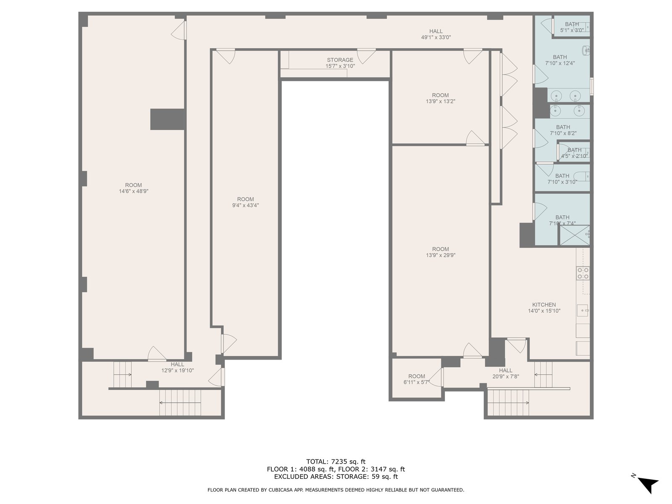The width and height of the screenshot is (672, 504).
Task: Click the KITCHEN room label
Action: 544,305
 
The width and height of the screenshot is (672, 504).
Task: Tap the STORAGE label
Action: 340,60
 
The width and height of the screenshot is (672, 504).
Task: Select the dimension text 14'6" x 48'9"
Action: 134,191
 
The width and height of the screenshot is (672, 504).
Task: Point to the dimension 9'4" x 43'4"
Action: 245,205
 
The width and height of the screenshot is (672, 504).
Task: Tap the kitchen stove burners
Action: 583,273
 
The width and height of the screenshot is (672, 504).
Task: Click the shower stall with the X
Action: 575,235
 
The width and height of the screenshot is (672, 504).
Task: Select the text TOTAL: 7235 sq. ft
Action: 336,462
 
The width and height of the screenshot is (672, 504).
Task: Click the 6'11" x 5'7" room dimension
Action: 416,382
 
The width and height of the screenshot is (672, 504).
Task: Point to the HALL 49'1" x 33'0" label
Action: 436,34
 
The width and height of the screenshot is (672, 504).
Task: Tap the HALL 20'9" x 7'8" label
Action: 505,373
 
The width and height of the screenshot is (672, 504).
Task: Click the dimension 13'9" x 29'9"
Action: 441,255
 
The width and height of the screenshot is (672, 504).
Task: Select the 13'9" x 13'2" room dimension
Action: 440,101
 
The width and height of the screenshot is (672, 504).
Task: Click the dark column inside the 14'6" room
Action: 167,119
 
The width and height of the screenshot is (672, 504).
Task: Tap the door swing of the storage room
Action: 366,57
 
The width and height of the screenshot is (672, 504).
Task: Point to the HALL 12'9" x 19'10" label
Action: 178,367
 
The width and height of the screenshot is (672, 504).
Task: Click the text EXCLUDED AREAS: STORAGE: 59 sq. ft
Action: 336,476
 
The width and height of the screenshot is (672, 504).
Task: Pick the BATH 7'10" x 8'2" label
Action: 563,130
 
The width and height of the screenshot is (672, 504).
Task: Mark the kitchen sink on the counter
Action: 583,310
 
